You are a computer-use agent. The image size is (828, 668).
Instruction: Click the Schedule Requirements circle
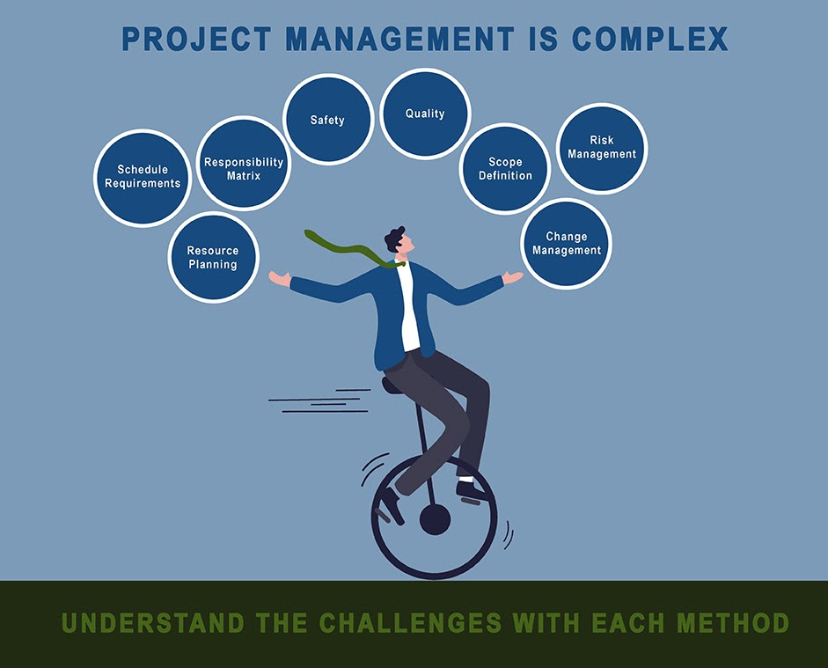(x=143, y=178)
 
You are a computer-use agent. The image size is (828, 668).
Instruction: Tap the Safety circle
(x=328, y=120)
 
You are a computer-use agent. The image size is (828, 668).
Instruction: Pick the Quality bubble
(x=425, y=114)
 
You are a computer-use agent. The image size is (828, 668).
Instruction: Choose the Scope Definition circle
(x=505, y=169)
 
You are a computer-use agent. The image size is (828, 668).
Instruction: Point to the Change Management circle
(x=567, y=244)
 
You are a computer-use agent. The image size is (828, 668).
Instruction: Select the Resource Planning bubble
(x=212, y=258)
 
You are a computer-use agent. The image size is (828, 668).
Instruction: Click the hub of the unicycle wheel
(x=435, y=520)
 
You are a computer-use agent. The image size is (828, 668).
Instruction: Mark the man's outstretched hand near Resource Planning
(x=279, y=279)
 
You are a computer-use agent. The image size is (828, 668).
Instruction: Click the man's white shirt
(x=409, y=308)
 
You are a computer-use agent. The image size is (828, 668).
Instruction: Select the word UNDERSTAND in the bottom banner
(x=153, y=624)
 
